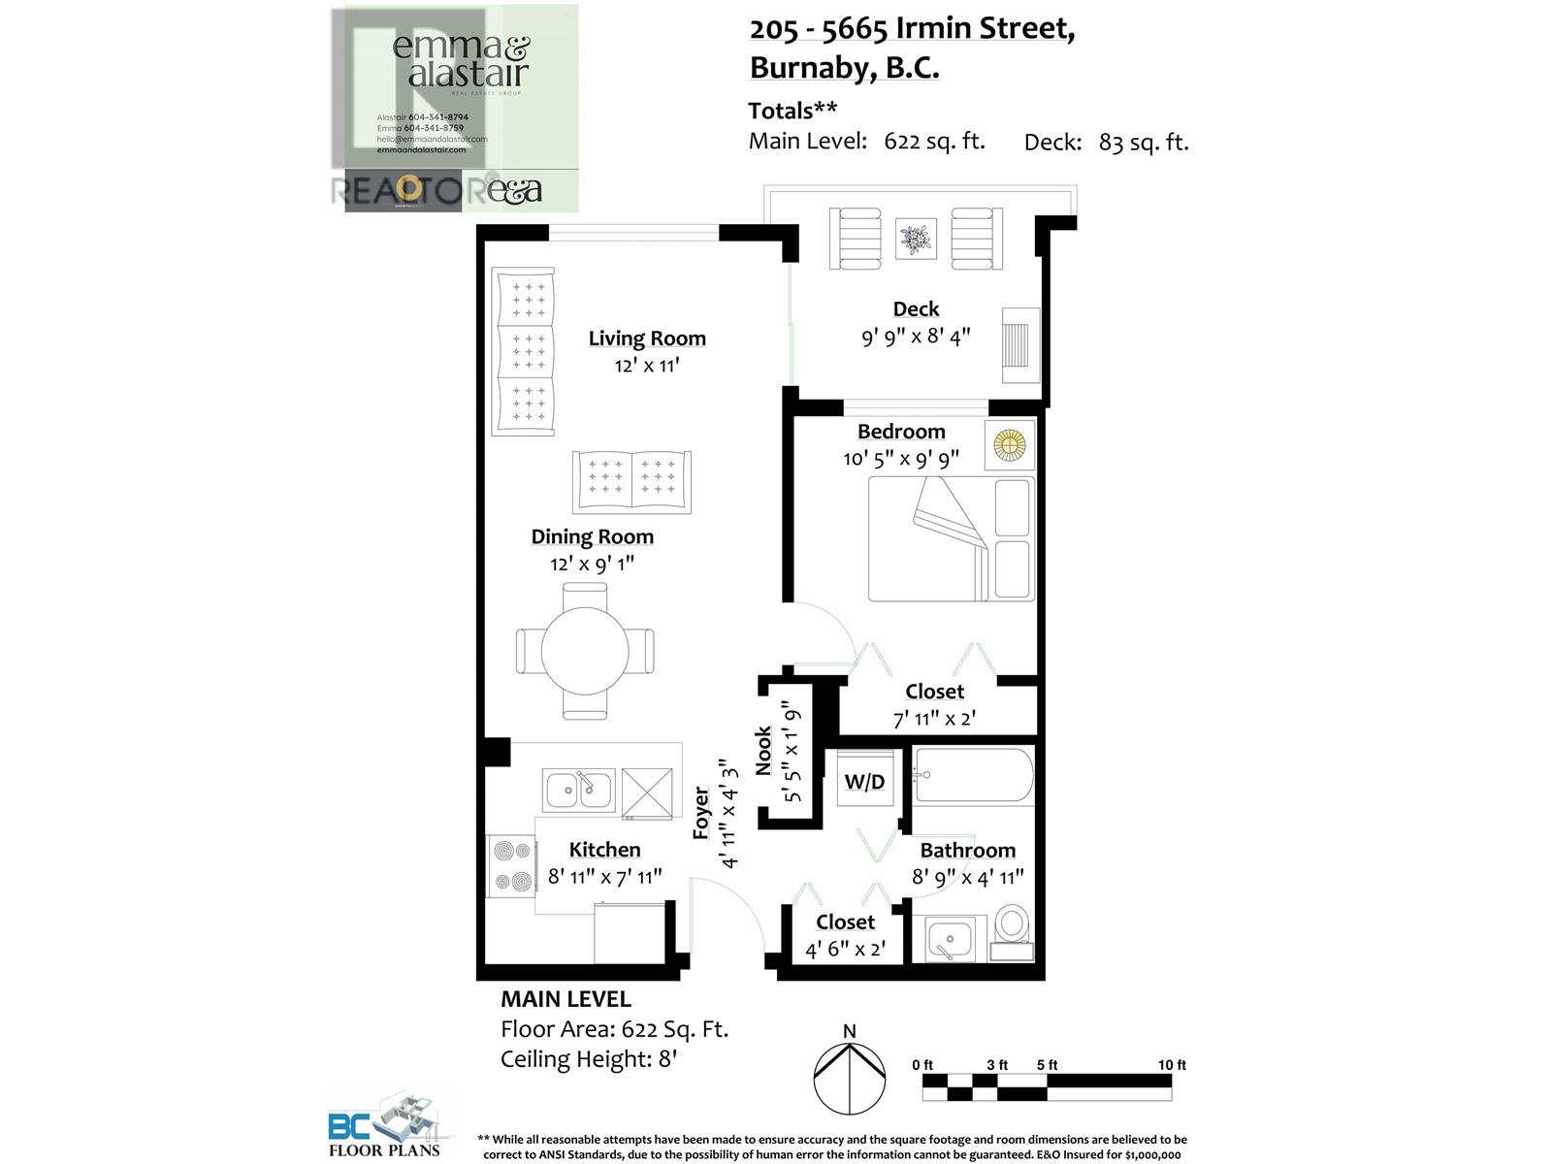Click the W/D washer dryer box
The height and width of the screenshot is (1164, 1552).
click(864, 780)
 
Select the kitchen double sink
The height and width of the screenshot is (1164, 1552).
click(578, 791)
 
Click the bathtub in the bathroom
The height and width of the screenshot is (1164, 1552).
click(974, 775)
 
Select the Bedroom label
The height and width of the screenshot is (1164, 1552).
click(900, 432)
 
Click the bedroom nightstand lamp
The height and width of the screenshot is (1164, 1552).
click(1009, 446)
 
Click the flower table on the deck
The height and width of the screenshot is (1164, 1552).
click(916, 238)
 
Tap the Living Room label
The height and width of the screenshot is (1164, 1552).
click(647, 339)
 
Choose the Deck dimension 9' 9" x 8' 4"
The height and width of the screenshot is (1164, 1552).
click(916, 338)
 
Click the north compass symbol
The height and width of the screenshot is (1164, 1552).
click(849, 1077)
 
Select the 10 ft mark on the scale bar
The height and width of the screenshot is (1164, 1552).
click(1172, 1065)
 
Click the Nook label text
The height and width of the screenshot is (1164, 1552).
click(763, 751)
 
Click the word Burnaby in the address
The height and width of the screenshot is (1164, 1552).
click(809, 69)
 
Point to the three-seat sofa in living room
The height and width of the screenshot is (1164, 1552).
click(525, 351)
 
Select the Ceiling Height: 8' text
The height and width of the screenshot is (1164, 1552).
click(588, 1058)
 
